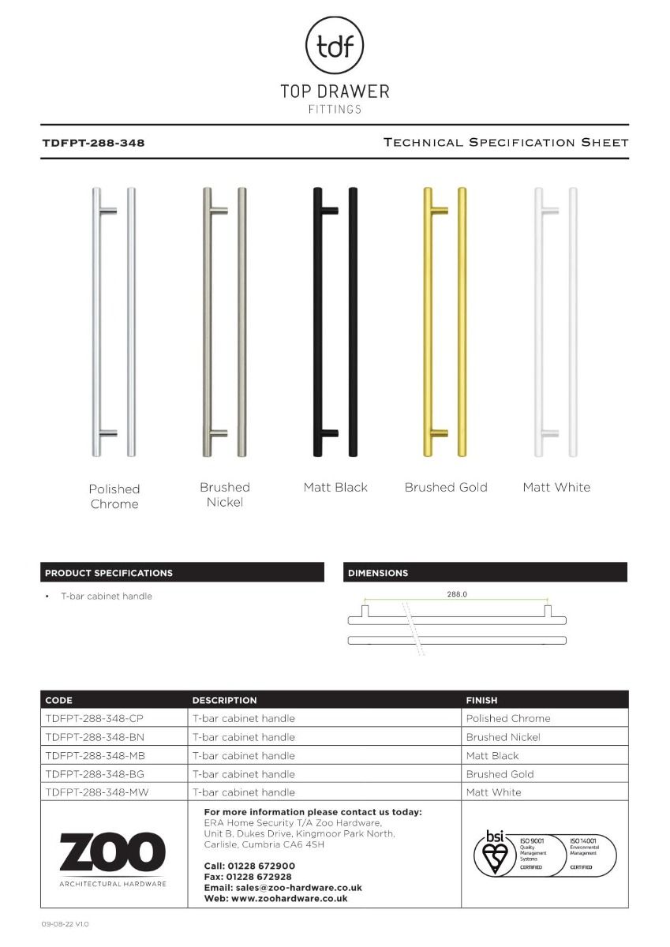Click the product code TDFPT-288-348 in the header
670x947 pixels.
[x=93, y=144]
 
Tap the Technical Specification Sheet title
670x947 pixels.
[x=505, y=143]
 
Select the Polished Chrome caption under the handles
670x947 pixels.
[x=114, y=496]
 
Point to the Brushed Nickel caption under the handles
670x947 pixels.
[x=224, y=495]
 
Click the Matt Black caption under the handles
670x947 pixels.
[x=335, y=487]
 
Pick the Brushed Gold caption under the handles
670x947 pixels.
[x=446, y=487]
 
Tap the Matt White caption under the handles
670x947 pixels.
[x=556, y=487]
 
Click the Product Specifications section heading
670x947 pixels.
[x=109, y=573]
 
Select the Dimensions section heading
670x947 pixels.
[x=378, y=573]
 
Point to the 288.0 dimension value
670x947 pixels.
[x=458, y=593]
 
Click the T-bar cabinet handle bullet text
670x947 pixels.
[x=107, y=596]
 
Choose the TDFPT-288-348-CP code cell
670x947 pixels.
[x=95, y=718]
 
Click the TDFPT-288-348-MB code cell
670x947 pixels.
[x=95, y=755]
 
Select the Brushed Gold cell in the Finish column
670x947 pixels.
[x=500, y=774]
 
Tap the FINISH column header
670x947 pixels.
[x=481, y=700]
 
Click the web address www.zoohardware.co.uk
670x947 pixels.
[x=289, y=898]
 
